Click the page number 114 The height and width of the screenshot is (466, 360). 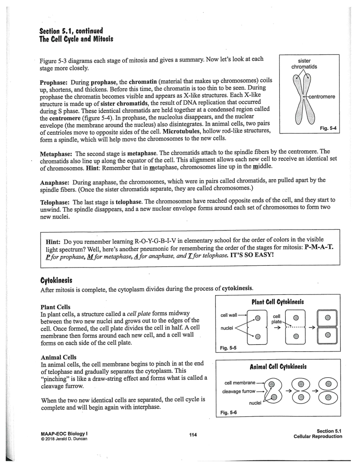193,435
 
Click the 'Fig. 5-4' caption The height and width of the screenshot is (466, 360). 328,128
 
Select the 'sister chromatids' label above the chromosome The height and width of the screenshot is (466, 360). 304,64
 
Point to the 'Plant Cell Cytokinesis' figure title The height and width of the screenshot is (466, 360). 278,302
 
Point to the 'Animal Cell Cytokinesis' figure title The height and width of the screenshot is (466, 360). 278,367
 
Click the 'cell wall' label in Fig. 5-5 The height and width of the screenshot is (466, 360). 229,315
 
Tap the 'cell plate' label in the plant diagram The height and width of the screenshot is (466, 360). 277,319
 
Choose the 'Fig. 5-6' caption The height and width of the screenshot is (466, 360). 228,412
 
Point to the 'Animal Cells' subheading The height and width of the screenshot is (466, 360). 58,357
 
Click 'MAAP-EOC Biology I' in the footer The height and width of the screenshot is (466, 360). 63,434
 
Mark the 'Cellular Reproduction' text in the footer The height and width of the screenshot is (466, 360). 318,437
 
